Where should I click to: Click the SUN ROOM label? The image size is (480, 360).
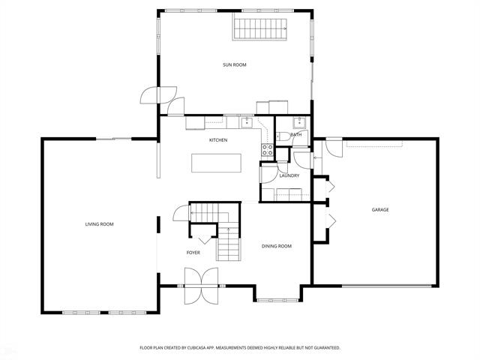(x=234, y=65)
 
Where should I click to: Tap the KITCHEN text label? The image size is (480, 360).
(x=218, y=140)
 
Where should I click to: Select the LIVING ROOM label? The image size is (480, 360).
(x=99, y=223)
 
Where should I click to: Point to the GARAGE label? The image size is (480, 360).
(x=379, y=210)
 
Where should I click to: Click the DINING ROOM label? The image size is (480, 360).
(x=276, y=246)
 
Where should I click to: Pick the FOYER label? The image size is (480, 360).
(x=193, y=253)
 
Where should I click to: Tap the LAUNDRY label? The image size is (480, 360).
(x=289, y=175)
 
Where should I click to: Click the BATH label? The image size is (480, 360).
(x=296, y=135)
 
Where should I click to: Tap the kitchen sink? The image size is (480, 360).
(x=246, y=122)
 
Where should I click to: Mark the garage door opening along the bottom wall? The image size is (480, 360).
(x=386, y=286)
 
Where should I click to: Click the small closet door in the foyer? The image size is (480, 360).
(x=203, y=240)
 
